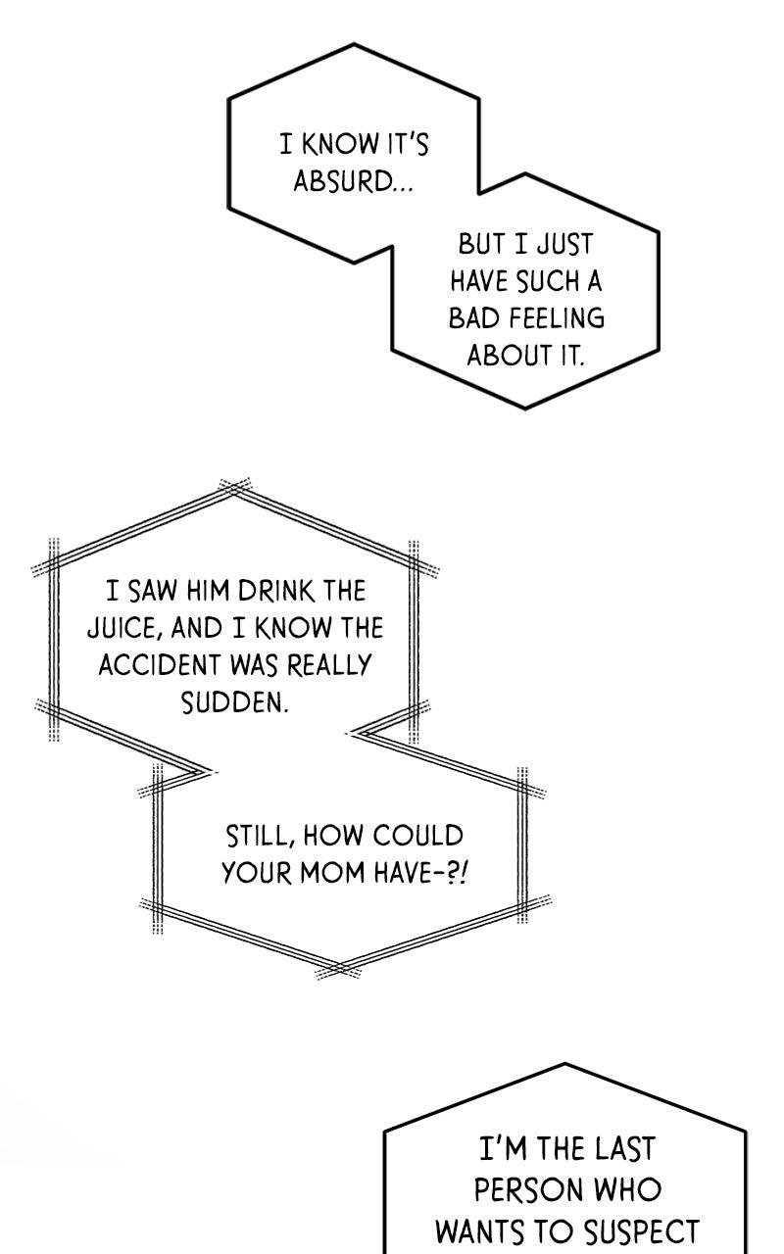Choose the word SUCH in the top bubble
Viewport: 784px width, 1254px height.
[548, 281]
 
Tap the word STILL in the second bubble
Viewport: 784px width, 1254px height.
[258, 836]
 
